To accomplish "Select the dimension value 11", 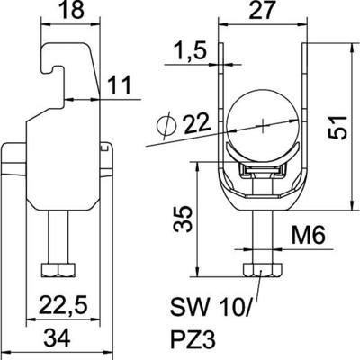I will pyautogui.click(x=121, y=85).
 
